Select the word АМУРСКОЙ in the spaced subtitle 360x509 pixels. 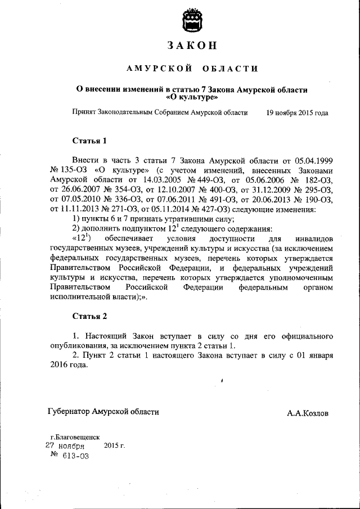tap(152, 69)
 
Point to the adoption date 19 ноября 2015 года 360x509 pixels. tap(297, 112)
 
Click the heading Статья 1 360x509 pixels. tap(89, 140)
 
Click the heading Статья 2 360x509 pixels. tap(89, 316)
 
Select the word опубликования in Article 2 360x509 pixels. tap(79, 345)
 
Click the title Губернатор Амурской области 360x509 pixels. tap(103, 412)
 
